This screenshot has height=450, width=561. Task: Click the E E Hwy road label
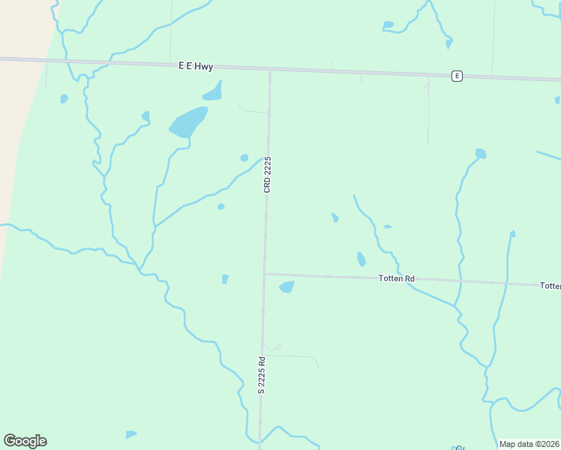click(x=196, y=67)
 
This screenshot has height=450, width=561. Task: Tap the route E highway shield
click(x=456, y=76)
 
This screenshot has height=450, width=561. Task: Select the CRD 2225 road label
click(x=267, y=175)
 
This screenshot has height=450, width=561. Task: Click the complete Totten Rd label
click(x=397, y=279)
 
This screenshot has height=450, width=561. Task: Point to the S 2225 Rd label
click(x=262, y=374)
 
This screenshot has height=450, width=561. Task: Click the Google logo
click(x=25, y=441)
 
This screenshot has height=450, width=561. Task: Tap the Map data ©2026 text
click(x=529, y=444)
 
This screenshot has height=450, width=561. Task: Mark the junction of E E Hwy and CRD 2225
click(x=270, y=70)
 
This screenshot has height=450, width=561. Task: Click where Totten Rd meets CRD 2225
click(x=265, y=274)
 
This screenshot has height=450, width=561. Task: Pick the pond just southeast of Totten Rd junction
click(x=286, y=286)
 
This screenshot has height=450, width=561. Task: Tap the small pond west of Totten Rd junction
click(x=225, y=279)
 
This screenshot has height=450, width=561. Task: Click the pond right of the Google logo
click(x=130, y=434)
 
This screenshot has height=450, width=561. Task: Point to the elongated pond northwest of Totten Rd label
click(x=361, y=259)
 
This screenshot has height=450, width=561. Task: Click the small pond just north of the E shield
click(x=449, y=43)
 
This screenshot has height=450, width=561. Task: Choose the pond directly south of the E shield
click(x=481, y=154)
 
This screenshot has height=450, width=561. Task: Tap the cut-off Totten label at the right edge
click(x=550, y=286)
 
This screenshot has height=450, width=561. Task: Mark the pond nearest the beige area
click(x=64, y=98)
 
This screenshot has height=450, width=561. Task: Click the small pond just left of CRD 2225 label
click(x=244, y=157)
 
